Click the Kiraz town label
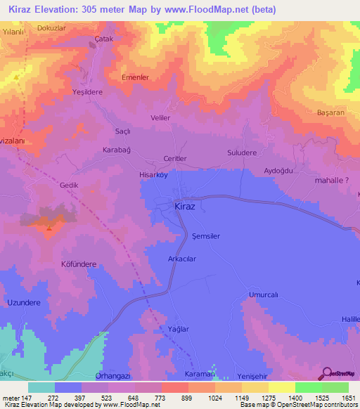point(185,207)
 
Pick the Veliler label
point(161,118)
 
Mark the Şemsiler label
point(206,236)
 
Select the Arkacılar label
point(181,259)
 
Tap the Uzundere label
point(24,302)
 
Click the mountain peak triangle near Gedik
point(48,226)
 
